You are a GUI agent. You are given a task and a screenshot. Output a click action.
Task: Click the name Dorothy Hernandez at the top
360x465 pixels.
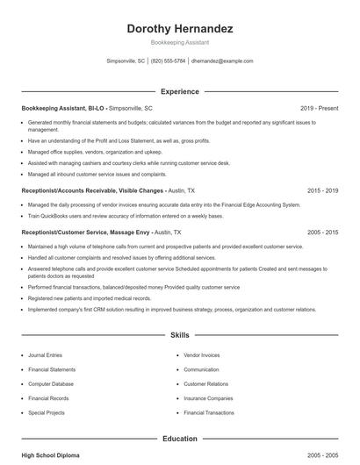pyautogui.click(x=179, y=29)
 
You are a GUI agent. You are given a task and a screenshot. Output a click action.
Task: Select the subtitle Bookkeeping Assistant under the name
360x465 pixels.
pyautogui.click(x=179, y=43)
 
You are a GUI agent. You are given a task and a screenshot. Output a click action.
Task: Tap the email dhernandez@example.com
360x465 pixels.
pyautogui.click(x=222, y=61)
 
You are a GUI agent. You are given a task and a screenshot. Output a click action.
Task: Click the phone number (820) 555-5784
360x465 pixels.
pyautogui.click(x=168, y=61)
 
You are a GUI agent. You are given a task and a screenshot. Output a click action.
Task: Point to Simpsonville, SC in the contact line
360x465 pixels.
pyautogui.click(x=125, y=61)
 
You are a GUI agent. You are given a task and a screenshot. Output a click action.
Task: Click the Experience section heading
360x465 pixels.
pyautogui.click(x=179, y=91)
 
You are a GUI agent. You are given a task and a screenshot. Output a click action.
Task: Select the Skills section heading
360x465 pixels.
pyautogui.click(x=179, y=335)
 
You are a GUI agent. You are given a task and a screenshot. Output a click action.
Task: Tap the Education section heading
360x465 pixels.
pyautogui.click(x=179, y=439)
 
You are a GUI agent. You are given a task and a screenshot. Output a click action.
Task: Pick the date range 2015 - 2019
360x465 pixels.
pyautogui.click(x=322, y=190)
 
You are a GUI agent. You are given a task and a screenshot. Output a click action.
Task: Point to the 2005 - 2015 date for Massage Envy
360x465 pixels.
pyautogui.click(x=322, y=232)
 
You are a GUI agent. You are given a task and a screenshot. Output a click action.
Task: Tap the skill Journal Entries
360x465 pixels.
pyautogui.click(x=45, y=355)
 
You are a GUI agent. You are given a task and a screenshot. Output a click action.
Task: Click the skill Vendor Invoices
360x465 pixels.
pyautogui.click(x=202, y=355)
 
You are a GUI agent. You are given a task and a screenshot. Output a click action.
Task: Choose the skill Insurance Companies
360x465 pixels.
pyautogui.click(x=208, y=397)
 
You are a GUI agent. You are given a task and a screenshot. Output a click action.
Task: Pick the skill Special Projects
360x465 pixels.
pyautogui.click(x=46, y=411)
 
